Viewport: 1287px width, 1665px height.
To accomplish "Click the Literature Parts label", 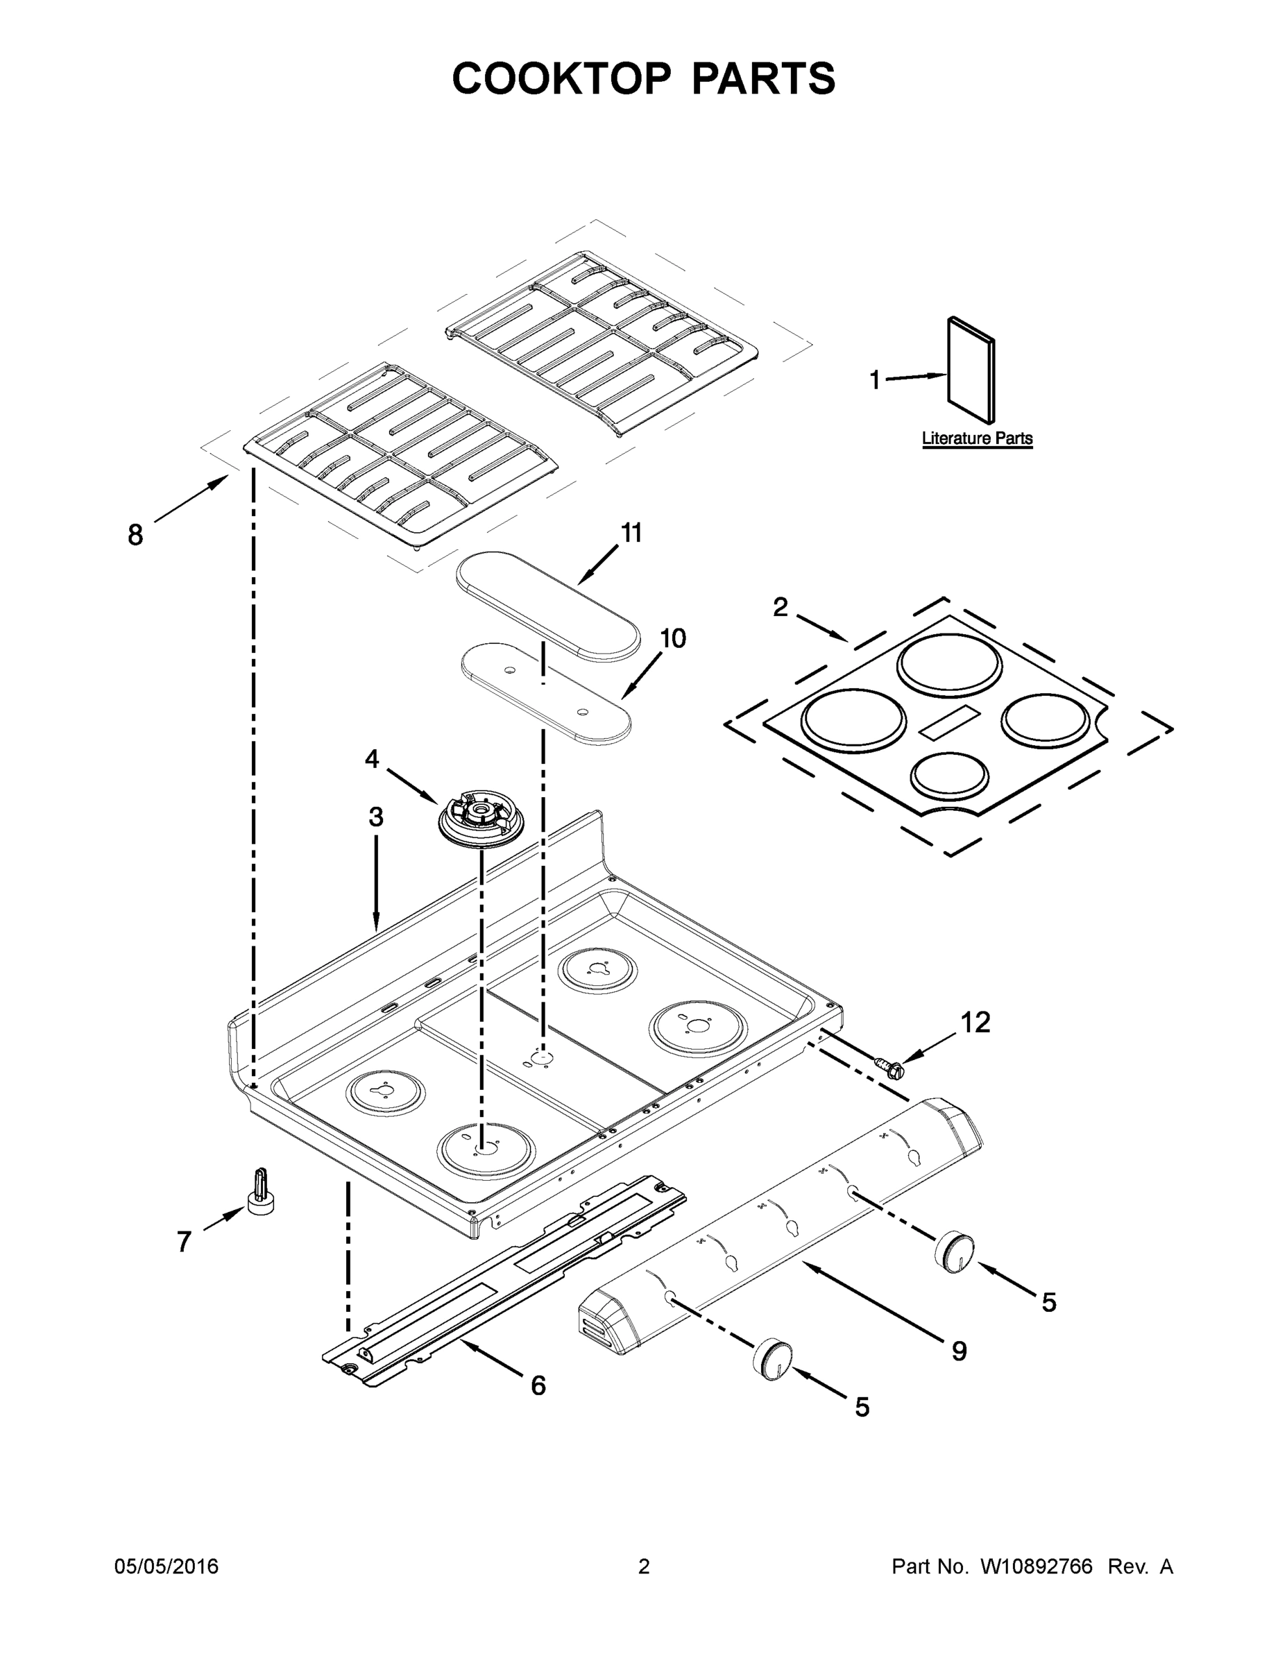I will (x=977, y=438).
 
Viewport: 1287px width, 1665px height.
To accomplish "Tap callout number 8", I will (x=135, y=535).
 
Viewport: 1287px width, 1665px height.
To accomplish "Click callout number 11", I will (x=631, y=533).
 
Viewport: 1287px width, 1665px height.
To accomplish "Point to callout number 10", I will (x=672, y=638).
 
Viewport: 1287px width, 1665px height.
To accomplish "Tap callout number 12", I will (x=974, y=1023).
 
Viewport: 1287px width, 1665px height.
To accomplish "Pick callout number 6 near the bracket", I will (x=538, y=1385).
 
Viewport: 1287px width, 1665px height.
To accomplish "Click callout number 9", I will (x=959, y=1351).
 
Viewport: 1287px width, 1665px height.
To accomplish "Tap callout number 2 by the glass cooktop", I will (x=780, y=608).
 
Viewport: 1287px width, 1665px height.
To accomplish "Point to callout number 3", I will (x=376, y=817).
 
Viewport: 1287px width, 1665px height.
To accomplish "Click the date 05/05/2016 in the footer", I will (x=167, y=1566).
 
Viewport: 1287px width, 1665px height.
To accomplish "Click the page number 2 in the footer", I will (x=644, y=1566).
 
